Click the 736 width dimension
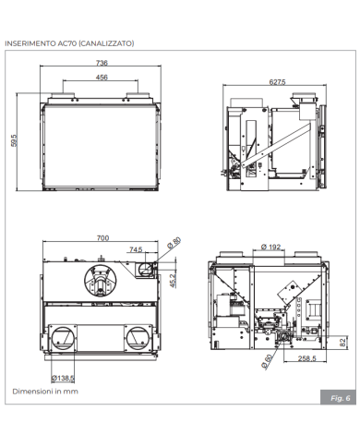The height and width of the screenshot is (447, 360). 101,62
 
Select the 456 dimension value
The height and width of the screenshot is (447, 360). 101,78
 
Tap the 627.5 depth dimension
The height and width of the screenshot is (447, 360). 276,82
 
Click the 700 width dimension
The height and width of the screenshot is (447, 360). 102,237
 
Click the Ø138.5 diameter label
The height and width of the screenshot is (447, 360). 63,378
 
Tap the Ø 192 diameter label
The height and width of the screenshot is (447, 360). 270,247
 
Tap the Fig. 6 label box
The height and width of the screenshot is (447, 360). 340,397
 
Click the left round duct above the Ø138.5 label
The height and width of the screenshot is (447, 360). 65,336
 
